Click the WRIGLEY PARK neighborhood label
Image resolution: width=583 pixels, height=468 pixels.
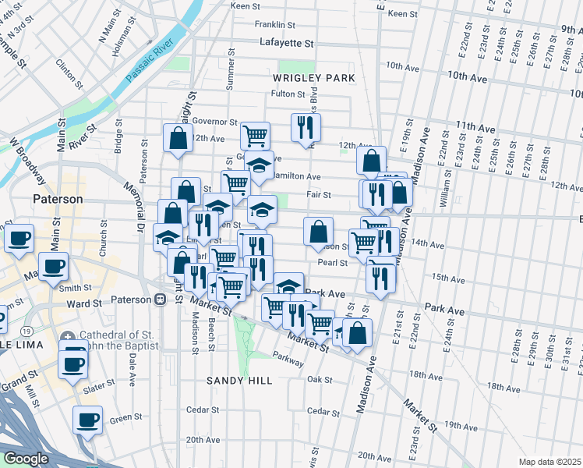314,78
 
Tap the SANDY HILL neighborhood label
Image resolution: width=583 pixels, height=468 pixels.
239,381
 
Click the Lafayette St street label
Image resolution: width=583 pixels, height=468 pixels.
286,44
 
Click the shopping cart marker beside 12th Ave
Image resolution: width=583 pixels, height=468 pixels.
255,136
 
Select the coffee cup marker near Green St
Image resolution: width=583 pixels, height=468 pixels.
87,420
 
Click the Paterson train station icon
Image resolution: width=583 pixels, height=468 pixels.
160,300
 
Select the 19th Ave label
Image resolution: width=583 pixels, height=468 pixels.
461,425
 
